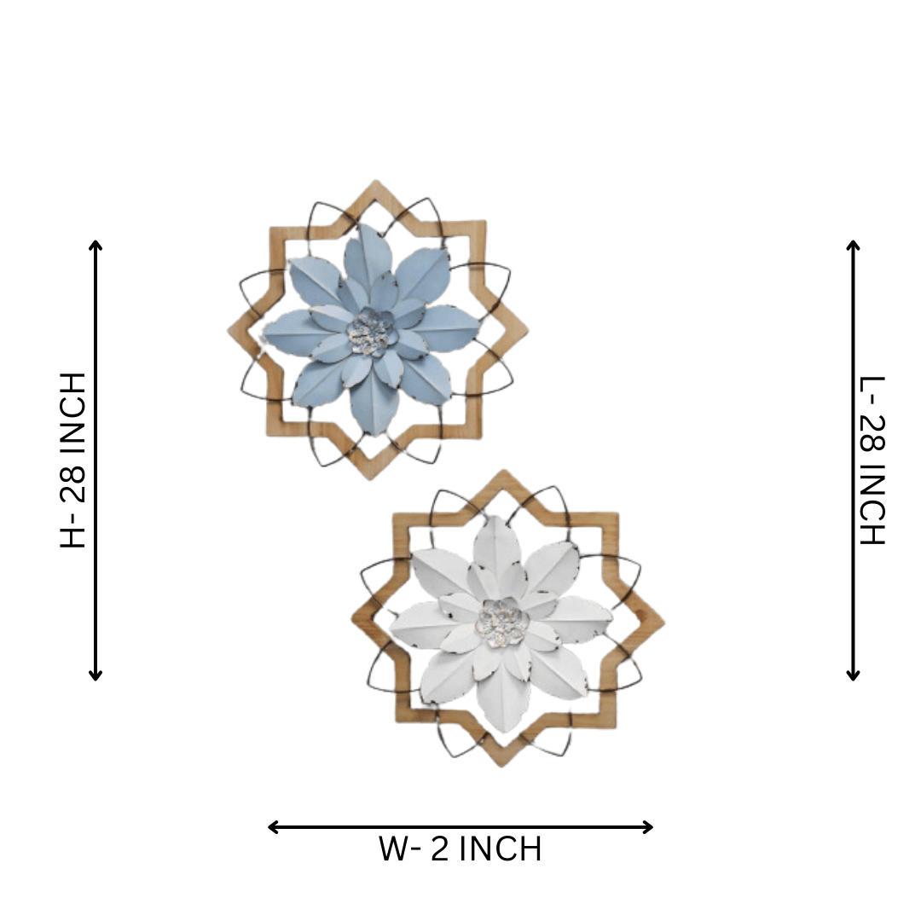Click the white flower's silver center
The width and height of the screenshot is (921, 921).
[502, 622]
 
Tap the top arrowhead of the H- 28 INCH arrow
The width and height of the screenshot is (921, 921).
[96, 245]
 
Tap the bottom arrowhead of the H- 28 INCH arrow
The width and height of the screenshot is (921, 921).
[96, 675]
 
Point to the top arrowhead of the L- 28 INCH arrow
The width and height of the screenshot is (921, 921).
[854, 245]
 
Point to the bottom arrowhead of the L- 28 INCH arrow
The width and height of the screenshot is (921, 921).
[854, 675]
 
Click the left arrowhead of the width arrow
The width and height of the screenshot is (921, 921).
[273, 827]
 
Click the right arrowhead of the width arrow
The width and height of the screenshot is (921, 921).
[648, 827]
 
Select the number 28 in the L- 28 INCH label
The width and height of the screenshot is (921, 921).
[872, 435]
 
